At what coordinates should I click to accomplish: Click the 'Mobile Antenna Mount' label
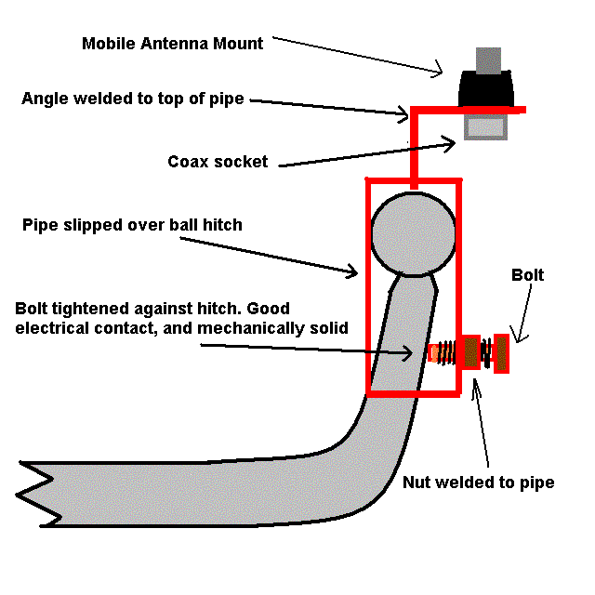tap(173, 44)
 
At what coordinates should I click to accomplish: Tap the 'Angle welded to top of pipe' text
tap(133, 99)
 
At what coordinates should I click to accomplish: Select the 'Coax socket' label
tap(218, 162)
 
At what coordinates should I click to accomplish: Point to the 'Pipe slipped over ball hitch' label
tap(132, 225)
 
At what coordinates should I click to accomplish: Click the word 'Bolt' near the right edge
tap(527, 275)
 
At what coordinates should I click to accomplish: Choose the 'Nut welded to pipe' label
tap(478, 483)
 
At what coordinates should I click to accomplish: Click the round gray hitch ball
tap(413, 234)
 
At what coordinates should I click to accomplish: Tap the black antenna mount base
tap(486, 88)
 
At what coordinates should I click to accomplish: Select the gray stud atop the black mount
tap(488, 60)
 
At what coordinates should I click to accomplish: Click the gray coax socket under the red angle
tap(486, 126)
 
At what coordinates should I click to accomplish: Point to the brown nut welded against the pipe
tap(471, 352)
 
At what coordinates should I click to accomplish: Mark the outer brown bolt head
tap(501, 353)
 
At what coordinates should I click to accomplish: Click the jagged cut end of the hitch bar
tap(38, 494)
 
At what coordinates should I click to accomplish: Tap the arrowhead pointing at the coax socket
tap(450, 143)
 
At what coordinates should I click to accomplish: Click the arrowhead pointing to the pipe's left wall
tap(352, 271)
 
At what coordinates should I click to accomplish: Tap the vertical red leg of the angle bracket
tap(414, 148)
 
